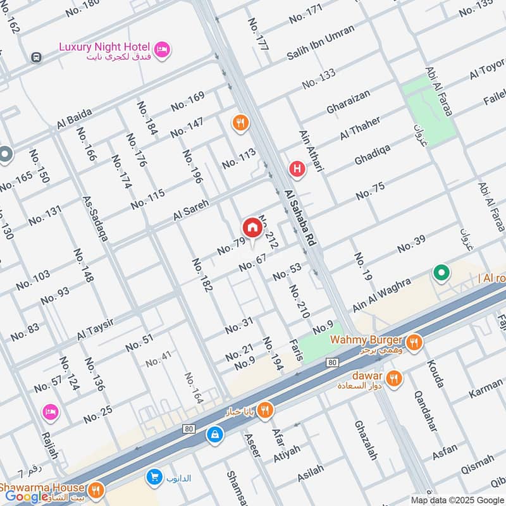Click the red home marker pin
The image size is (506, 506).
[251, 228]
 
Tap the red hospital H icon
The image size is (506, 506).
[295, 170]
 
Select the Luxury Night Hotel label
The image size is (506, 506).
[104, 47]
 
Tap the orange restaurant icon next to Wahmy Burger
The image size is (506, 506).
[414, 343]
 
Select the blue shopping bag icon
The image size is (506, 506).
[215, 435]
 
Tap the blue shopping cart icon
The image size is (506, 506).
[154, 477]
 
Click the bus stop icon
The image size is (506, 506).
[37, 57]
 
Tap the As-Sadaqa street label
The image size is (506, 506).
[95, 218]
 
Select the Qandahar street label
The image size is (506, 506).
[425, 411]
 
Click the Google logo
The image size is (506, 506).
[27, 497]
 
